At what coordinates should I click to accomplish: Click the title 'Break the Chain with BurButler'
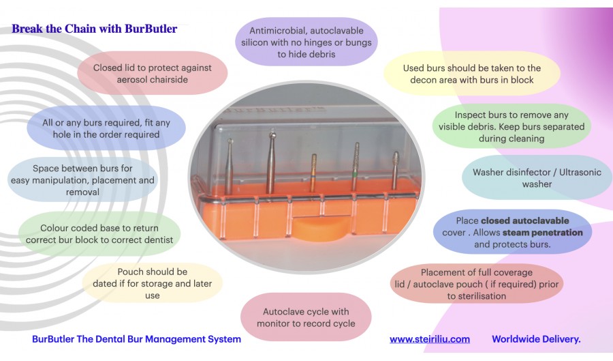click(94, 29)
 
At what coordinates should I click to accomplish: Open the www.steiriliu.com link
click(430, 339)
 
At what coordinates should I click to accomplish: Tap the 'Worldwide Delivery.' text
click(536, 339)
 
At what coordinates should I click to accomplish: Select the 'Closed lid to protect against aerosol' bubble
click(153, 73)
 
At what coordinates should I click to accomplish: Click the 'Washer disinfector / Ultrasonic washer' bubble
click(537, 177)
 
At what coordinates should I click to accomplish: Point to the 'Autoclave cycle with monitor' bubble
click(306, 317)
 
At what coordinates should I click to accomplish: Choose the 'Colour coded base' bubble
click(99, 234)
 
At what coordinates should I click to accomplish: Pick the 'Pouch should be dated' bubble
click(152, 283)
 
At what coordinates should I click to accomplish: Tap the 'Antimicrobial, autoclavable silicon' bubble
click(306, 42)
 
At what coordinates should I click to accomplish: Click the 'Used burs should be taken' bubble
click(471, 74)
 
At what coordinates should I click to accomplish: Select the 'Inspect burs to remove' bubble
click(512, 126)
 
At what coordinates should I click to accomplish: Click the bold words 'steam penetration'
click(543, 233)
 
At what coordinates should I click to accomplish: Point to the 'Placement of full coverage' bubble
click(477, 284)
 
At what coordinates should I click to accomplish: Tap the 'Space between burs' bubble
click(82, 180)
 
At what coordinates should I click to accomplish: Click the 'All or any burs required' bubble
click(106, 128)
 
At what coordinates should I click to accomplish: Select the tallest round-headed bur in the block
click(271, 162)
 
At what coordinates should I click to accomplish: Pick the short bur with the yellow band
click(313, 173)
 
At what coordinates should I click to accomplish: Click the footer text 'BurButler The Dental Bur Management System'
click(136, 339)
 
